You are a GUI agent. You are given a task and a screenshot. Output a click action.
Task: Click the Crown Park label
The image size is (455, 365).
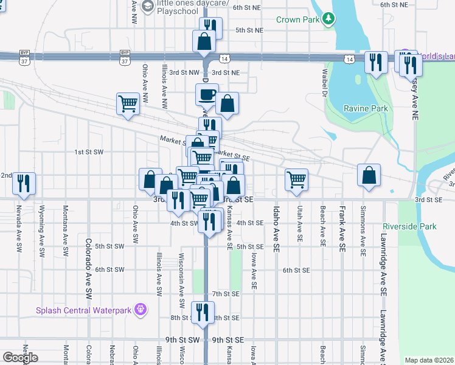(297, 19)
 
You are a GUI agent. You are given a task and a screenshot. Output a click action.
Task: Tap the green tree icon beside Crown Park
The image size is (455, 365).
(328, 19)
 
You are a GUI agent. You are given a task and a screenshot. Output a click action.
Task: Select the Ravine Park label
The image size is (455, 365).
(365, 108)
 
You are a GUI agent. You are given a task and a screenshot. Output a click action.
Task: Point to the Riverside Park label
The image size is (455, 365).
(410, 226)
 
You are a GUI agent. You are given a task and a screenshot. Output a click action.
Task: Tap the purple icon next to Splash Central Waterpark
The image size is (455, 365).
(141, 310)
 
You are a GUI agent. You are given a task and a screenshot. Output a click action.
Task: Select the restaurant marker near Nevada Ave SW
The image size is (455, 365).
(24, 183)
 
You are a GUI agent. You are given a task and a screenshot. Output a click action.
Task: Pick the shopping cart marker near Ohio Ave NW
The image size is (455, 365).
(128, 103)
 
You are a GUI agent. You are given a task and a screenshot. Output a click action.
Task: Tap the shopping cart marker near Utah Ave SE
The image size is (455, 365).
(296, 179)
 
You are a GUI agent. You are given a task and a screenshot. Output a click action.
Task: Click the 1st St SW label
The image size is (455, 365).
(89, 151)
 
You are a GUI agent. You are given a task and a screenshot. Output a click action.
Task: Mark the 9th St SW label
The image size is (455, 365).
(182, 339)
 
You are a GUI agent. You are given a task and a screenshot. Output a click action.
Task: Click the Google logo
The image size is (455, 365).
(20, 358)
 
